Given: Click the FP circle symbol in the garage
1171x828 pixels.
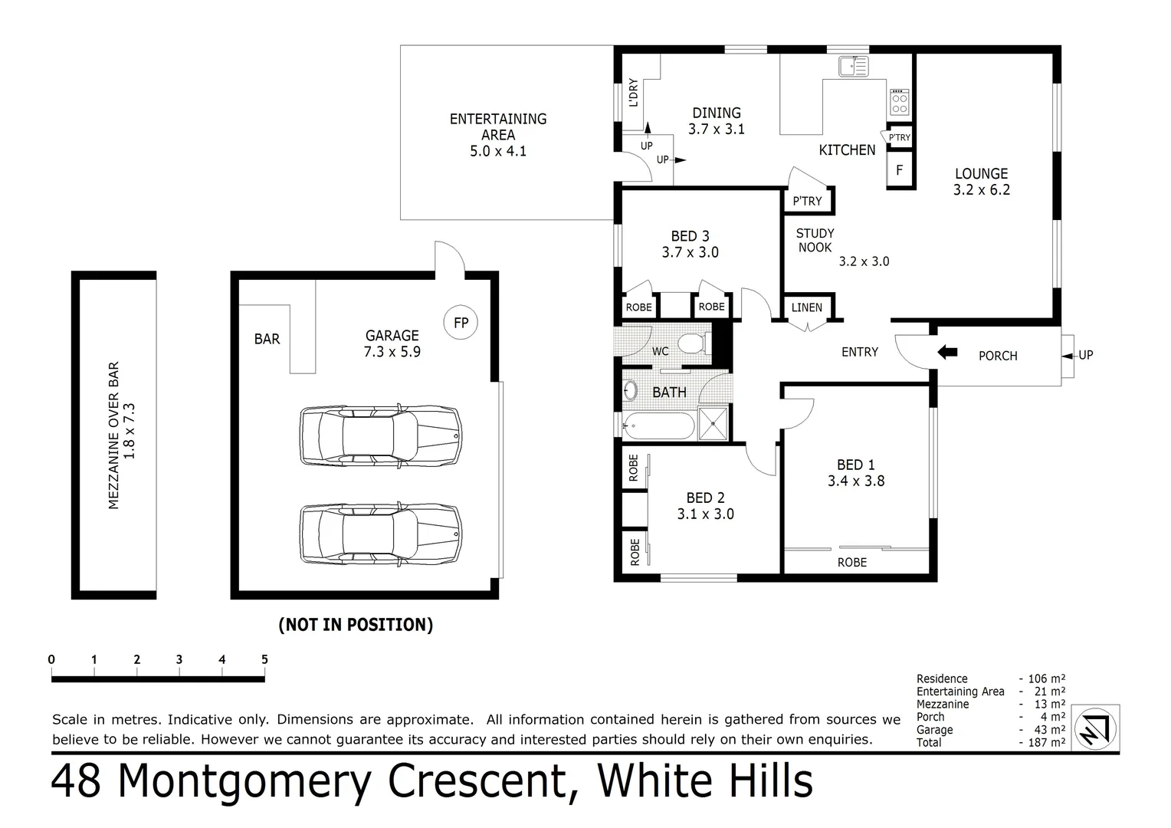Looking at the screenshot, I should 461,323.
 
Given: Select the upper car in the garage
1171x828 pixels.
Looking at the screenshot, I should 381,435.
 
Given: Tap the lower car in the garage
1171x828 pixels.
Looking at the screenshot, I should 381,534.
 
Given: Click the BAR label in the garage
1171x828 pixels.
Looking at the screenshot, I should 267,339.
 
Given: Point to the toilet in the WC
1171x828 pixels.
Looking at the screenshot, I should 694,343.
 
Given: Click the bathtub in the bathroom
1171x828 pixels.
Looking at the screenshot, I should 659,426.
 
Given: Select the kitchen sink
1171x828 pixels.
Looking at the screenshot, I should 853,67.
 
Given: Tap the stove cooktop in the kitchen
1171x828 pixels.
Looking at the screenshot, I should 899,102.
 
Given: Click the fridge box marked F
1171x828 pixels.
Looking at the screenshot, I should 900,170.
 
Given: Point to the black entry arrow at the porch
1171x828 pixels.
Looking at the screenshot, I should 947,353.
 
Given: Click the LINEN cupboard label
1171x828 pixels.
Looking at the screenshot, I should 806,307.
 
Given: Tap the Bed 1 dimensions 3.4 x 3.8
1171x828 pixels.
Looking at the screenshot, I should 856,481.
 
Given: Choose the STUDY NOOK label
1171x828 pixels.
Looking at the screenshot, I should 815,240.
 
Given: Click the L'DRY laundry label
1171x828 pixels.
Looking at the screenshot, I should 633,93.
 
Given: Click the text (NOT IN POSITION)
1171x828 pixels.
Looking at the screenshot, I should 356,625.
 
